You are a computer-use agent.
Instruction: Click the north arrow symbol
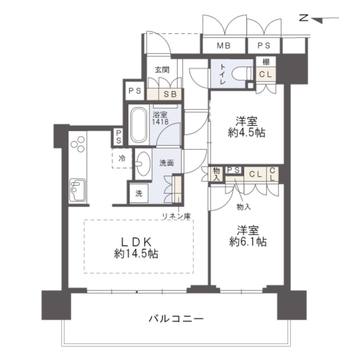[x=318, y=18]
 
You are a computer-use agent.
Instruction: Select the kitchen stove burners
[x=78, y=143]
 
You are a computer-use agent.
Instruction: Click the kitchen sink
[x=77, y=189]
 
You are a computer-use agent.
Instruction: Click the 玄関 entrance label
[x=162, y=70]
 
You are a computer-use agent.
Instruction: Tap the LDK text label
[x=136, y=241]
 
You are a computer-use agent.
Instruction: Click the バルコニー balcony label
[x=176, y=318]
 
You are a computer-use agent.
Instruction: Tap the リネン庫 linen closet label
[x=176, y=215]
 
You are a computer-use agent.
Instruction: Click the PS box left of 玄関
[x=134, y=91]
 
